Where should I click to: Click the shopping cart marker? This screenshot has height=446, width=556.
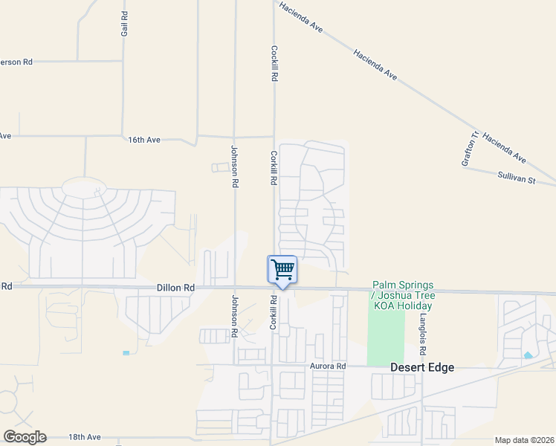[x=282, y=270]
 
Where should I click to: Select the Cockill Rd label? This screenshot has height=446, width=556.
[x=274, y=63]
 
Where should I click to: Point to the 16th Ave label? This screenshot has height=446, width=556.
[x=144, y=140]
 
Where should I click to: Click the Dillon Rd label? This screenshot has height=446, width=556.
[x=175, y=288]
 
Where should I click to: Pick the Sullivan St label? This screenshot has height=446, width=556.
[x=517, y=176]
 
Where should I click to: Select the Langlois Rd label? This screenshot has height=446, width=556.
[x=422, y=333]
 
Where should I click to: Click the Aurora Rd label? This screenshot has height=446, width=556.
[x=329, y=366]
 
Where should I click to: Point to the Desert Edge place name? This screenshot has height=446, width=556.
[x=422, y=367]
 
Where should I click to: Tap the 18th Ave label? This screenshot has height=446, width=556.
[x=84, y=437]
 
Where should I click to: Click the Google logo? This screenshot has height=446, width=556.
[x=25, y=437]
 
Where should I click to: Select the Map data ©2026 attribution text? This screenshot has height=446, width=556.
[x=524, y=440]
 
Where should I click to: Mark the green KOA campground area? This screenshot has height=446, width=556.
[x=386, y=334]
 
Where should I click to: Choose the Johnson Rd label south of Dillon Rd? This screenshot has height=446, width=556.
[x=234, y=316]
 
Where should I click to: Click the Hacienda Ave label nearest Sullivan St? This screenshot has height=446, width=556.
[x=504, y=148]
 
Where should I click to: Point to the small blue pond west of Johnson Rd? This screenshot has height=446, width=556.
[x=126, y=352]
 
